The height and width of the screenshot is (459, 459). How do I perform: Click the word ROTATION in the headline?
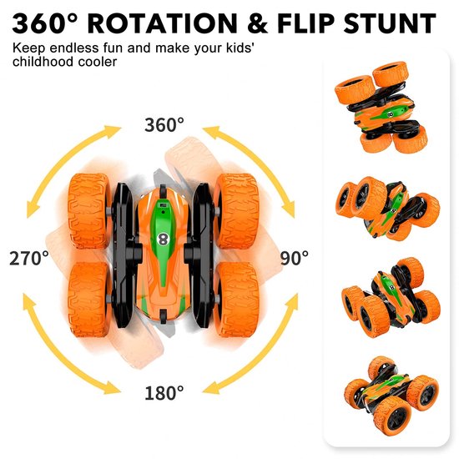(163, 23)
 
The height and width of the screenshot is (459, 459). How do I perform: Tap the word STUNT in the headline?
(390, 23)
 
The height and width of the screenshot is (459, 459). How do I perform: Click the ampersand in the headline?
(257, 23)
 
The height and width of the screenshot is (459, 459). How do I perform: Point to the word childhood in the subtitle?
(43, 62)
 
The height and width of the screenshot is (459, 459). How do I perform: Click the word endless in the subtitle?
(74, 48)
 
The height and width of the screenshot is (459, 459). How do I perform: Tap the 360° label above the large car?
(164, 124)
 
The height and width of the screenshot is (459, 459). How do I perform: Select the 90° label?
(295, 258)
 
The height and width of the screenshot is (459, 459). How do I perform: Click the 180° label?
(164, 393)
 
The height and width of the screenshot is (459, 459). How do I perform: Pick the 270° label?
(29, 258)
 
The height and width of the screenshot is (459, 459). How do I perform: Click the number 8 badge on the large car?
(162, 240)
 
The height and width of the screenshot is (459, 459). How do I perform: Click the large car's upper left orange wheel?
(89, 211)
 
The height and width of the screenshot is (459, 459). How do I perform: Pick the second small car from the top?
(387, 209)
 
